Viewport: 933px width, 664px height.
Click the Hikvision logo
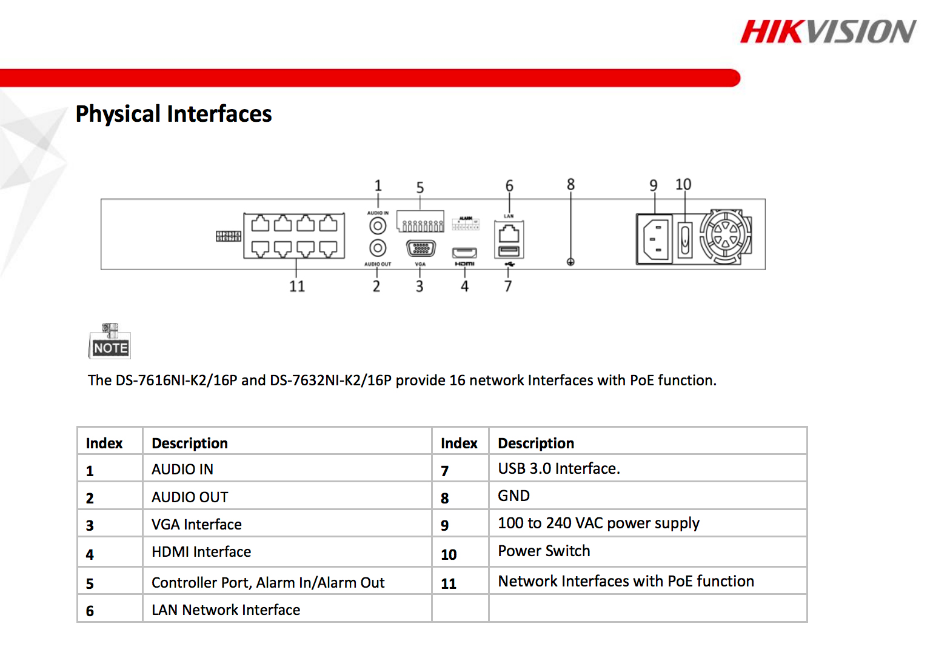tap(828, 32)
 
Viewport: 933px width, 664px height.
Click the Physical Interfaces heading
tap(173, 114)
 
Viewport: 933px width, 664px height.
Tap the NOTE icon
tap(110, 342)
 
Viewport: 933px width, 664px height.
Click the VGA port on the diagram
tap(420, 248)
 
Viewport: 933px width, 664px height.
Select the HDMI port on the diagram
tap(464, 253)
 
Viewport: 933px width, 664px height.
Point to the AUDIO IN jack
tap(378, 226)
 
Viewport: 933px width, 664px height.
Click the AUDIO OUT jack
tap(378, 248)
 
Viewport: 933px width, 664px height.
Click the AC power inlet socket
tap(655, 238)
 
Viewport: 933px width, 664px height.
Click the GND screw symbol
tap(570, 262)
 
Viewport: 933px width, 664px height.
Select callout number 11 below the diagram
tap(297, 286)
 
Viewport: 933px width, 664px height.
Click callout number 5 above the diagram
tap(420, 188)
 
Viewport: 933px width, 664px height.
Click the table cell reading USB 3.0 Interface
tap(558, 469)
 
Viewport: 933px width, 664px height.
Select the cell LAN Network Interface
tap(226, 610)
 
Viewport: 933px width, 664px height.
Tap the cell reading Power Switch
tap(544, 551)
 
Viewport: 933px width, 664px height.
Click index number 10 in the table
tap(449, 554)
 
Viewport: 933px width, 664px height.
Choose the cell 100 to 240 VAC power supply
tap(598, 523)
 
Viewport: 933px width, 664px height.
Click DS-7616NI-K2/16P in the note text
tap(176, 380)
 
